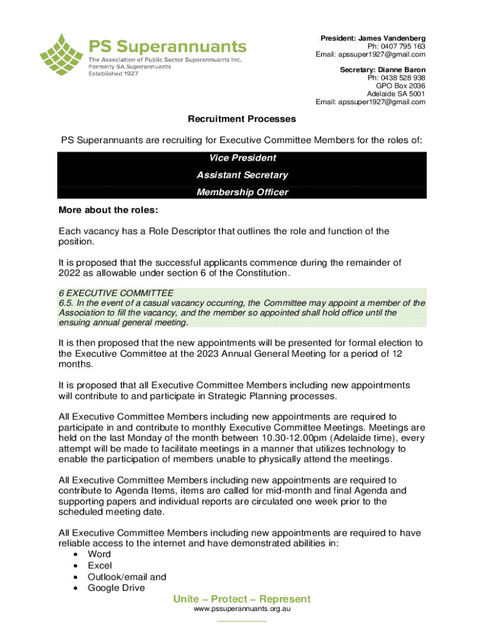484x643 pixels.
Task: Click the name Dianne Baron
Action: tap(402, 70)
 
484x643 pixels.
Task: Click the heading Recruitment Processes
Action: tap(242, 119)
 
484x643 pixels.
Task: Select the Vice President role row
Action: tap(242, 158)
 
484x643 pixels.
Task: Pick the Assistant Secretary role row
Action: tap(242, 175)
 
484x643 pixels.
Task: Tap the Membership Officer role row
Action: tap(242, 192)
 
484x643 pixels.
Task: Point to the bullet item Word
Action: tap(99, 554)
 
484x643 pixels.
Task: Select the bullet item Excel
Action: tap(99, 565)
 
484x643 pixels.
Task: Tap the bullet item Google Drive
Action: tap(116, 588)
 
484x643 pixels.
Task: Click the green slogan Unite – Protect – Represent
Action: tap(242, 599)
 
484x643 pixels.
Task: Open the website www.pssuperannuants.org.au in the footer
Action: tap(242, 610)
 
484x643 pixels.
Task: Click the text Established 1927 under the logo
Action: tap(113, 73)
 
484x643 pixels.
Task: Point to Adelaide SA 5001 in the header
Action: tap(396, 94)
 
